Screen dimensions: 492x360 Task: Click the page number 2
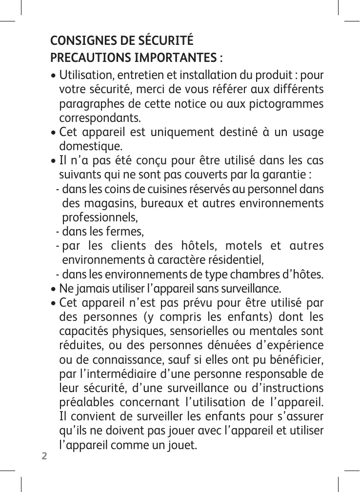point(44,456)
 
